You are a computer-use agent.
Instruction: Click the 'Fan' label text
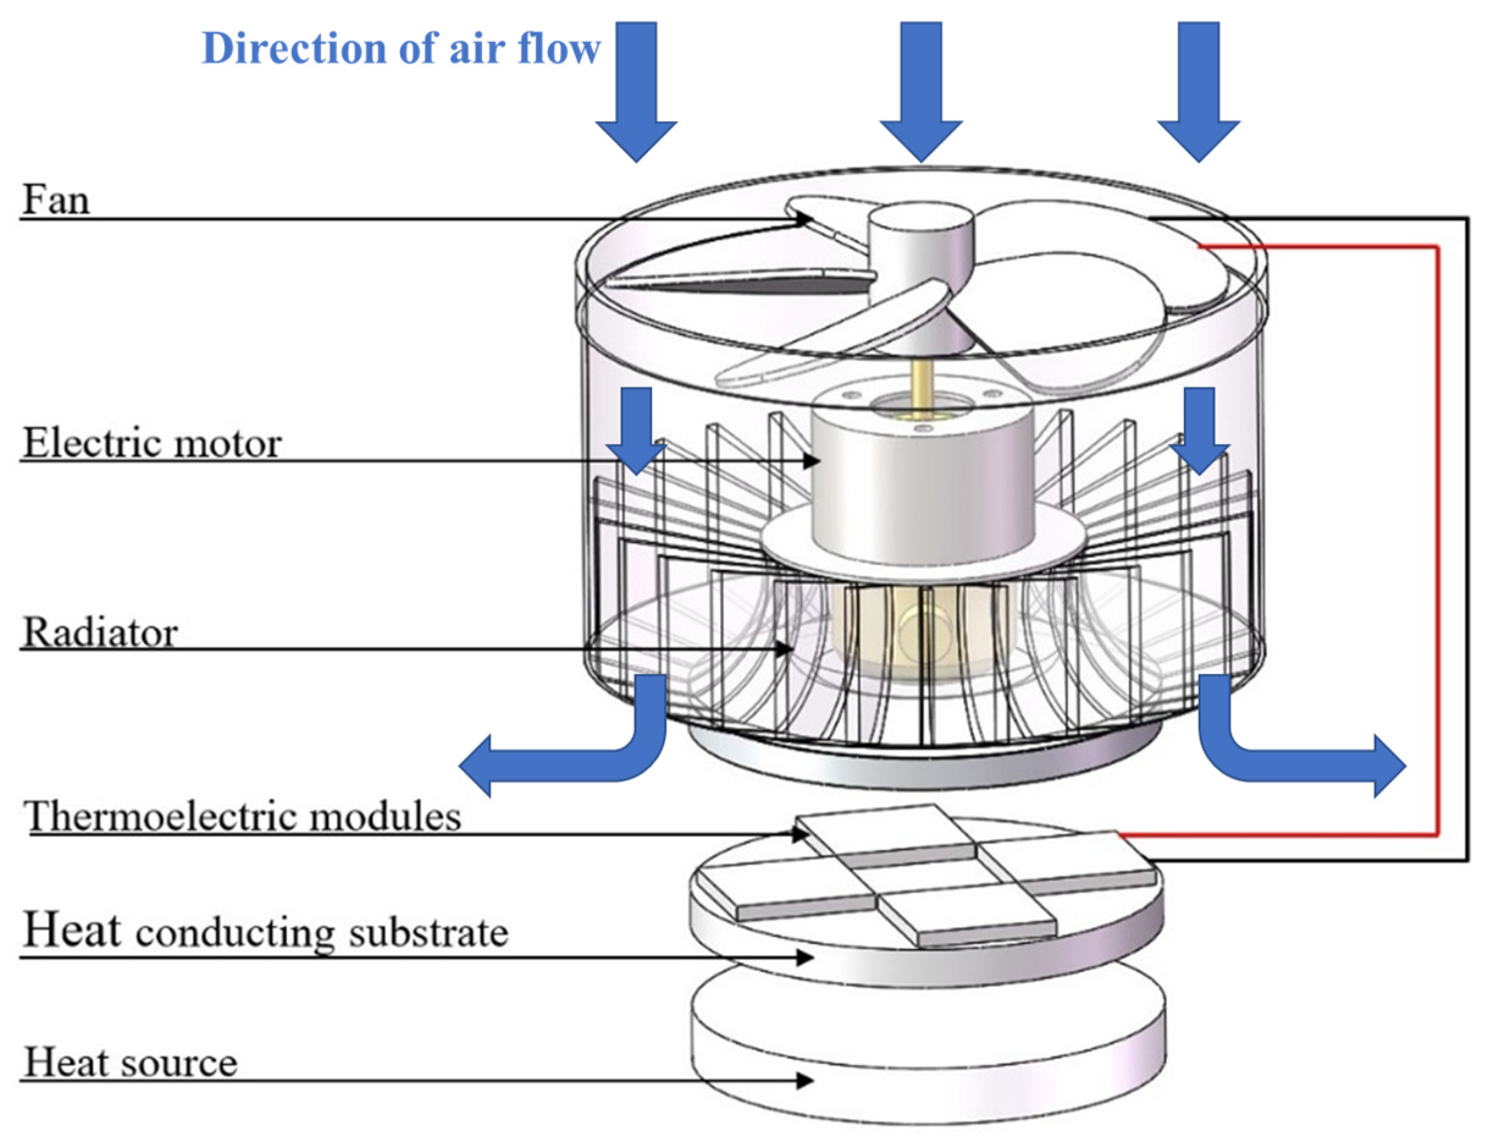pos(56,200)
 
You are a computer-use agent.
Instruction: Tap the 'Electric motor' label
pos(151,444)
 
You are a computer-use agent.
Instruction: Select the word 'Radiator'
pos(100,633)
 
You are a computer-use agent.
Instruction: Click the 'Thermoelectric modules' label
pos(242,816)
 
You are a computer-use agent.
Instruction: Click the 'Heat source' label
pos(131,1062)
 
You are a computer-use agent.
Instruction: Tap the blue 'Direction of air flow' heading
pos(400,49)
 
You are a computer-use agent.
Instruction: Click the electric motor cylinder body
pos(922,480)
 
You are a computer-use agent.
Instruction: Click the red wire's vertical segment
pos(1437,541)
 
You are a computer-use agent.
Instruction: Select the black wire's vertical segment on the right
pos(1467,541)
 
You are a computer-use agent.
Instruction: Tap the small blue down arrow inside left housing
pos(636,430)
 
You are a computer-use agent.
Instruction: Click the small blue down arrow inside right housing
pos(1199,430)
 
